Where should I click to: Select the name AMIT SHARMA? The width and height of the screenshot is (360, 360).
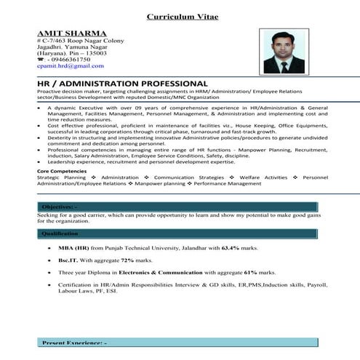pyautogui.click(x=71, y=33)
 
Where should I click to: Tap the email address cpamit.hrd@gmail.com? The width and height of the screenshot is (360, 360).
pyautogui.click(x=70, y=65)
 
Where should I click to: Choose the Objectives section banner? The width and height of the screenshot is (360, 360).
pyautogui.click(x=177, y=207)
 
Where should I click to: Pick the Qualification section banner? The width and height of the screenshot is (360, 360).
pyautogui.click(x=177, y=233)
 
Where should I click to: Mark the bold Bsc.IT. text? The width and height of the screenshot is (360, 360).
pyautogui.click(x=69, y=260)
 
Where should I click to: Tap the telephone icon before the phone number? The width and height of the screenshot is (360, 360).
pyautogui.click(x=40, y=59)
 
